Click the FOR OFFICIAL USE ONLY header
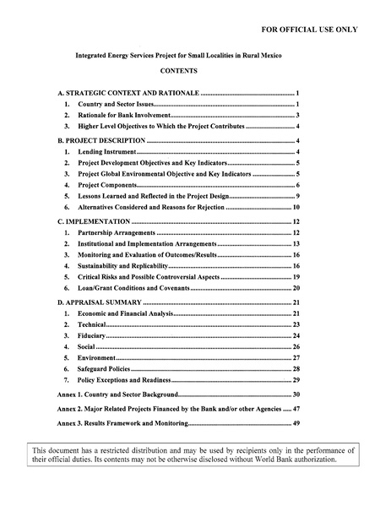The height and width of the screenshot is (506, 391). point(309,30)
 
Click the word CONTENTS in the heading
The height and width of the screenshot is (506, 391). point(178,71)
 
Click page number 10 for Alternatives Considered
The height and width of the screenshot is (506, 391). point(297,207)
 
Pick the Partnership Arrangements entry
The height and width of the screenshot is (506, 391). point(116,232)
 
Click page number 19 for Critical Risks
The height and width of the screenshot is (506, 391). point(297,277)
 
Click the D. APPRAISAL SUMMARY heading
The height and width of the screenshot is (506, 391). point(99,302)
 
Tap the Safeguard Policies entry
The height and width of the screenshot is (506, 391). point(104,369)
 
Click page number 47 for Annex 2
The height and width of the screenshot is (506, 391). point(297,408)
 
